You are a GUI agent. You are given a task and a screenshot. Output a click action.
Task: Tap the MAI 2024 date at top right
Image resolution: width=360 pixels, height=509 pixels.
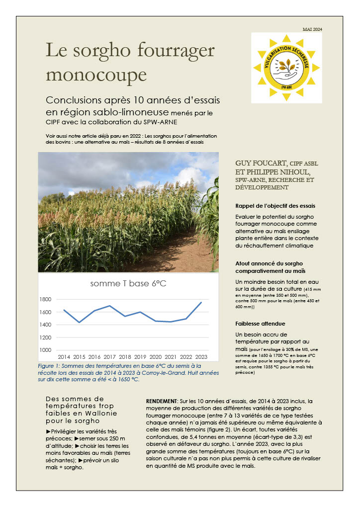(x=312, y=30)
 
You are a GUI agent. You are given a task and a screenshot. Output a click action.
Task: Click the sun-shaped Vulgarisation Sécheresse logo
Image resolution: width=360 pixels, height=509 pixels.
(x=286, y=68)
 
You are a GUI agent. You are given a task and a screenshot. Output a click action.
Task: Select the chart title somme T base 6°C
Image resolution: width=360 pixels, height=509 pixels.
(x=128, y=284)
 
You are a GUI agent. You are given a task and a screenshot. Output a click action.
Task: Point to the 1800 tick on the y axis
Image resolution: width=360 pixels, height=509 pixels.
(x=45, y=299)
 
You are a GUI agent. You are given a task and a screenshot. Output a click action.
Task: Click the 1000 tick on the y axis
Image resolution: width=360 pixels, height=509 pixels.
(x=45, y=350)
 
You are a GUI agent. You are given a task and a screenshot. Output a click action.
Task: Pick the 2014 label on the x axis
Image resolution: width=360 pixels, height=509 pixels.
(x=64, y=357)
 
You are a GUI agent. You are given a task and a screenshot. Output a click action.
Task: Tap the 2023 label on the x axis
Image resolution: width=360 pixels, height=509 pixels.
(x=201, y=357)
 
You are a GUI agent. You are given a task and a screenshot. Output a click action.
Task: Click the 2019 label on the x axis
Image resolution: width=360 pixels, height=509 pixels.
(x=140, y=357)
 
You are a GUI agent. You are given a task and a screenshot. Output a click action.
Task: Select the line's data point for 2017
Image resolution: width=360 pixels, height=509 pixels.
(x=110, y=306)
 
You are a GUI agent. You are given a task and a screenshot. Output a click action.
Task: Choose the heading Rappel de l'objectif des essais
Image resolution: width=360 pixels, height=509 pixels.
(x=275, y=206)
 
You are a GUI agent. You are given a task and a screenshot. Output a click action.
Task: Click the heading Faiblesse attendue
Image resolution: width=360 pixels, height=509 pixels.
(x=260, y=324)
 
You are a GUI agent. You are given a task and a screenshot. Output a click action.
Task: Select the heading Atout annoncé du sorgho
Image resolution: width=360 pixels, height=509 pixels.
(x=271, y=263)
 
